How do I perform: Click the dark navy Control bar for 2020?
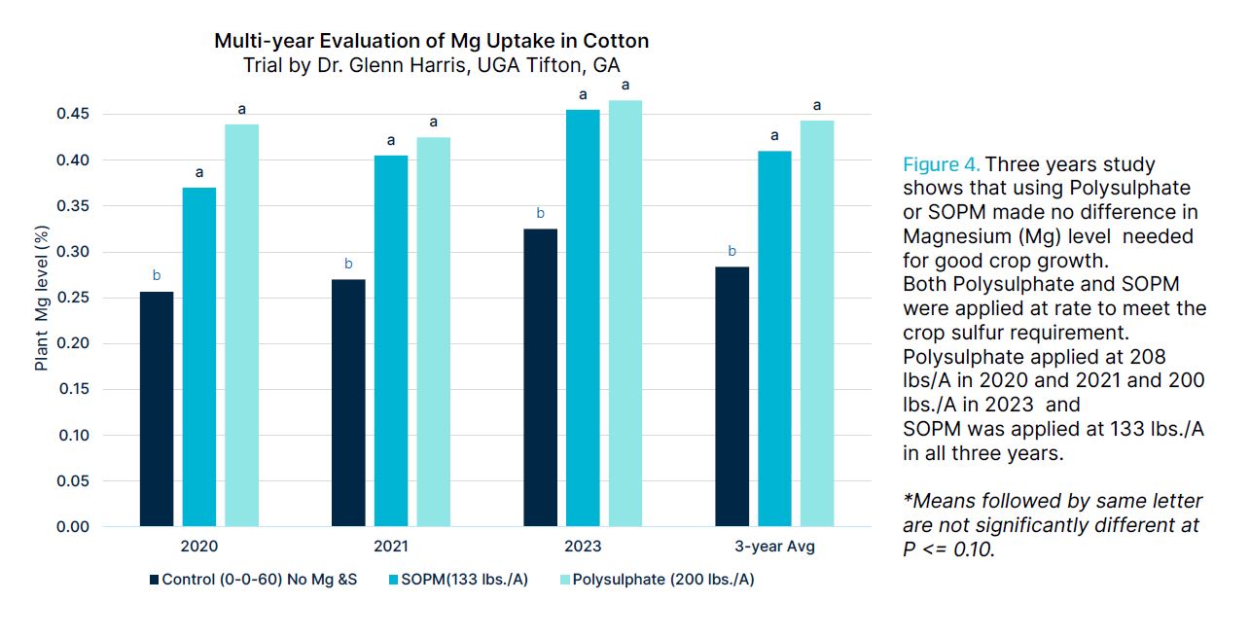tap(156, 408)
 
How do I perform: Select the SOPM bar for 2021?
tap(391, 340)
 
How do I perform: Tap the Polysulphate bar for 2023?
tap(625, 313)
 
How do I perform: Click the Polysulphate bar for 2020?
tap(241, 326)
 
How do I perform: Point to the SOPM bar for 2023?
tap(583, 318)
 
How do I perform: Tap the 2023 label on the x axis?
tap(582, 547)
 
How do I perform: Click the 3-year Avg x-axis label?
tap(774, 547)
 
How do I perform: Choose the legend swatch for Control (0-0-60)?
tap(154, 581)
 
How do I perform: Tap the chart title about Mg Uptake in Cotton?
tap(431, 41)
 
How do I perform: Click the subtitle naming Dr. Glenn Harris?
tap(431, 66)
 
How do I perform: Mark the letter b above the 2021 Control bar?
tap(348, 264)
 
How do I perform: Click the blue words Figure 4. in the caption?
tap(941, 164)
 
